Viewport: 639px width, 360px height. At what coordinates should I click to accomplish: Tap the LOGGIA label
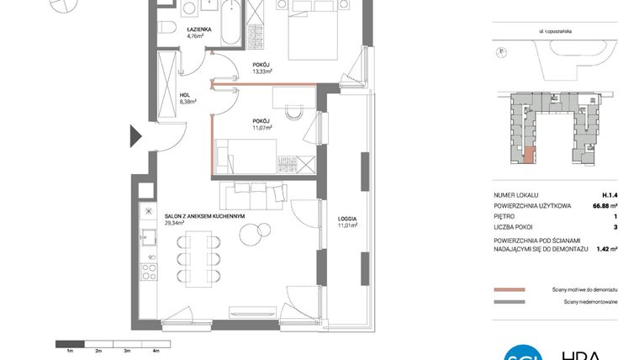pyautogui.click(x=347, y=220)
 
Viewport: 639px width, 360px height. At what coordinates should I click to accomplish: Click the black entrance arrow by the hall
pyautogui.click(x=134, y=134)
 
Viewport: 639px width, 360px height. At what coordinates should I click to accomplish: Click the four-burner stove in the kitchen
pyautogui.click(x=150, y=271)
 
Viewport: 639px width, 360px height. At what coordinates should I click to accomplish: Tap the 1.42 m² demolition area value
pyautogui.click(x=606, y=248)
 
